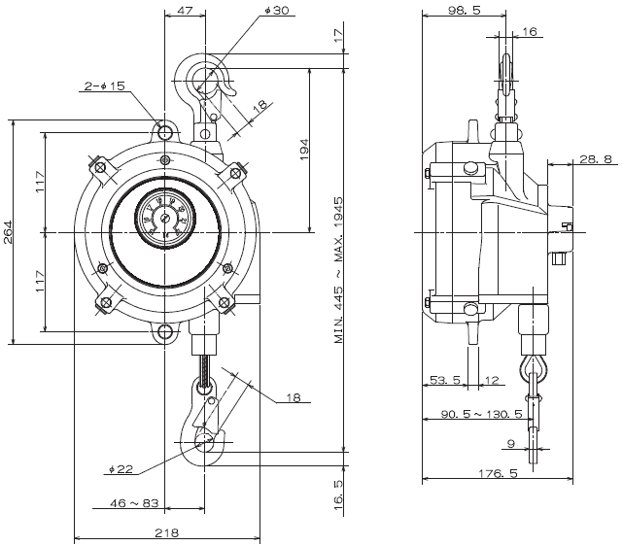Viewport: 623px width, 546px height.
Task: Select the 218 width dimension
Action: click(x=166, y=532)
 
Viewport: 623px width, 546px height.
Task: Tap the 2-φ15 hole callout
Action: click(x=105, y=87)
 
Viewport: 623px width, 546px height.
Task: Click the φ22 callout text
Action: click(x=121, y=469)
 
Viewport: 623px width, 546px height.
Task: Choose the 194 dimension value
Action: click(x=303, y=148)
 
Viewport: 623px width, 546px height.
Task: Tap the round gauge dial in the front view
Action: click(x=163, y=217)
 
